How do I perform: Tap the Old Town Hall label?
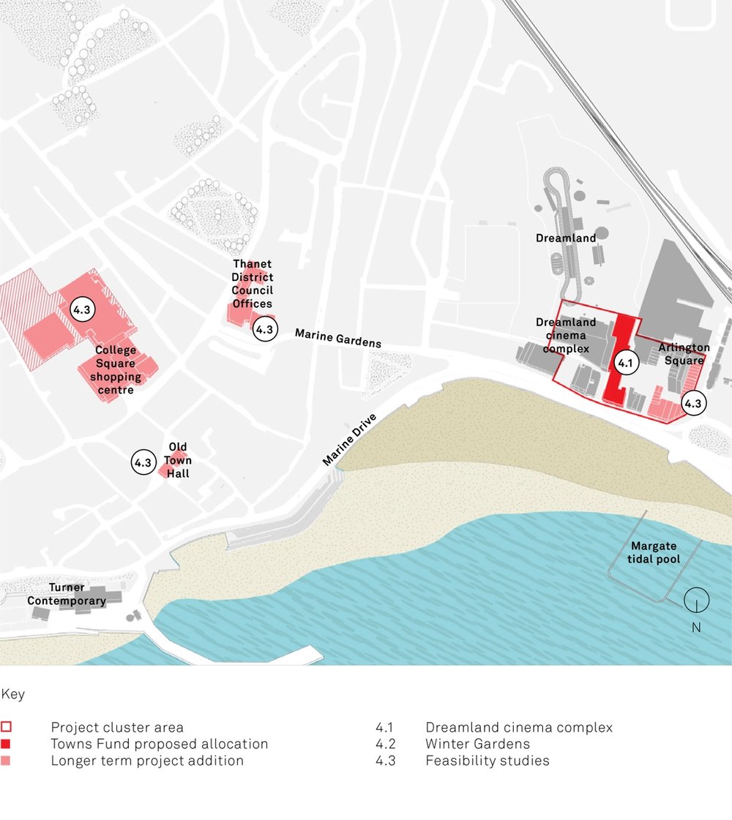pos(178,460)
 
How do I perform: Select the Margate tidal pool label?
pos(654,553)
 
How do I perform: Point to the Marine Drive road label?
pos(350,440)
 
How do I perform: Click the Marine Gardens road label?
pos(337,338)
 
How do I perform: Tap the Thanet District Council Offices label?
pos(252,284)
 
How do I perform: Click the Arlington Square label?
pos(684,353)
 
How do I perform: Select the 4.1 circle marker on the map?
pos(624,361)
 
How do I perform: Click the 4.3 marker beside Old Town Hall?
pos(143,462)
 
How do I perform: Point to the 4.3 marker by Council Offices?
pos(264,329)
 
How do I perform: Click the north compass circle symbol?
pos(696,601)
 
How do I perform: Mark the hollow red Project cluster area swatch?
pos(7,728)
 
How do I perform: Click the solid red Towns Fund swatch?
pos(7,744)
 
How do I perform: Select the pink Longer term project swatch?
pos(7,761)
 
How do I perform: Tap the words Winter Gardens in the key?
pos(477,744)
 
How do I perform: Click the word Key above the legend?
pos(12,694)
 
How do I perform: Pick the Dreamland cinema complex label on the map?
pos(566,335)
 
